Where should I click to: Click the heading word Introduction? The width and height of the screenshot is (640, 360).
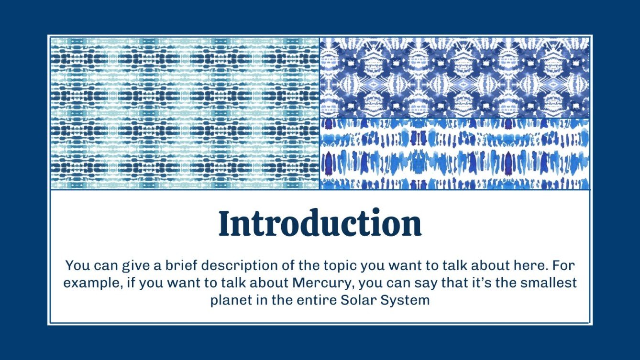320,223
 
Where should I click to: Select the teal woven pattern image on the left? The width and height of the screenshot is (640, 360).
185,113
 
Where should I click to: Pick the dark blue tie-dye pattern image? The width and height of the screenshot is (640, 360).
454,78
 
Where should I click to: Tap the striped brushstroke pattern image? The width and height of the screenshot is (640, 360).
454,154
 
